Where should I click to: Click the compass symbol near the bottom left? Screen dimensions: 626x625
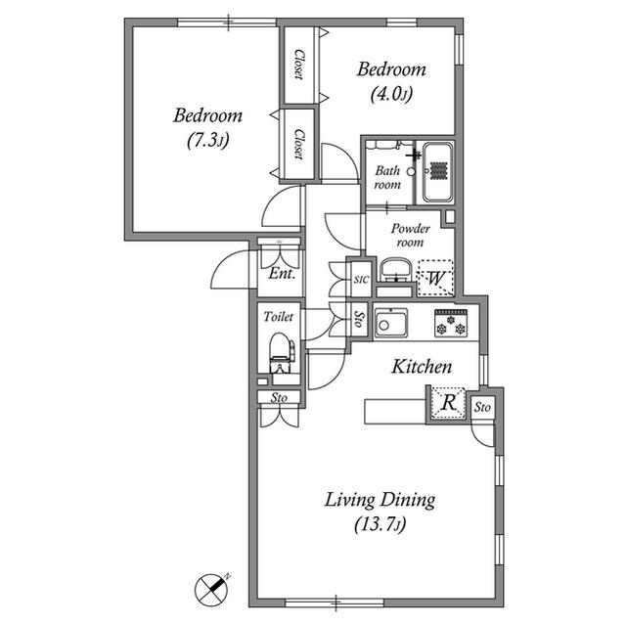click(211, 591)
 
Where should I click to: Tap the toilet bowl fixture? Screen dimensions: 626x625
click(281, 353)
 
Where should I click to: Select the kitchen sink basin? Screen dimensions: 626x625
click(391, 323)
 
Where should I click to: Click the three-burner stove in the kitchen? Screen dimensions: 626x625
click(451, 324)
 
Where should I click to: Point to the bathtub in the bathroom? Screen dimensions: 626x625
click(438, 172)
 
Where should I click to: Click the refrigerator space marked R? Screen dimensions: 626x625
click(448, 403)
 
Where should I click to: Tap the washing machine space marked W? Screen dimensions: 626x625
click(435, 278)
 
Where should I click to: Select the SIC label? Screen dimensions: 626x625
click(361, 280)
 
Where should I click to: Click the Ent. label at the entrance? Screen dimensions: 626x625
click(282, 274)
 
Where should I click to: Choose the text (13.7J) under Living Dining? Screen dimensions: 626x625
click(380, 524)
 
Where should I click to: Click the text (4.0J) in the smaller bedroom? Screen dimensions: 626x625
click(391, 95)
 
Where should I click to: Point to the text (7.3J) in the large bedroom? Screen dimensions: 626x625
click(207, 141)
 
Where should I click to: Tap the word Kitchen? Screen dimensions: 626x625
click(422, 367)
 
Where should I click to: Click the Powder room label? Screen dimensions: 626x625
click(411, 235)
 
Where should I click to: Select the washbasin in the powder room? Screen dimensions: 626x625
click(395, 270)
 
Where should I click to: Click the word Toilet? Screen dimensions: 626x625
click(278, 317)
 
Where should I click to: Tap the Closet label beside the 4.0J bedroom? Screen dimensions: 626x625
click(298, 65)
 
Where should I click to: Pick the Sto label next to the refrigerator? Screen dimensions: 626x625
click(482, 408)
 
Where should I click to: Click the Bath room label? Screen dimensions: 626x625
click(387, 177)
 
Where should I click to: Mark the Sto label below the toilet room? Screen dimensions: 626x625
click(279, 398)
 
